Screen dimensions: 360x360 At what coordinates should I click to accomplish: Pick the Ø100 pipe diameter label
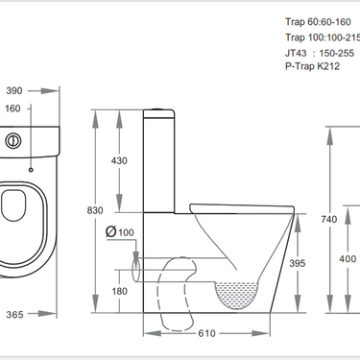(119, 232)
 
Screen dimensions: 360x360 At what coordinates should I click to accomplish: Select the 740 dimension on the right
(329, 219)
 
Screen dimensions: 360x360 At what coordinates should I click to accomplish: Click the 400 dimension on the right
(348, 259)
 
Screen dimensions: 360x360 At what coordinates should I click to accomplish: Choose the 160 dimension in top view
(12, 108)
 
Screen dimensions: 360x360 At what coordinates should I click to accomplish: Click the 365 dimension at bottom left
(12, 313)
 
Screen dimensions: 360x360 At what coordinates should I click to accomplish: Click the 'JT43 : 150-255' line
(321, 55)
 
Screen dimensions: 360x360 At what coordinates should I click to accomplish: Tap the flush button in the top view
(12, 139)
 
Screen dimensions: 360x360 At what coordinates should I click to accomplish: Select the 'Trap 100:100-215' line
(322, 36)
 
